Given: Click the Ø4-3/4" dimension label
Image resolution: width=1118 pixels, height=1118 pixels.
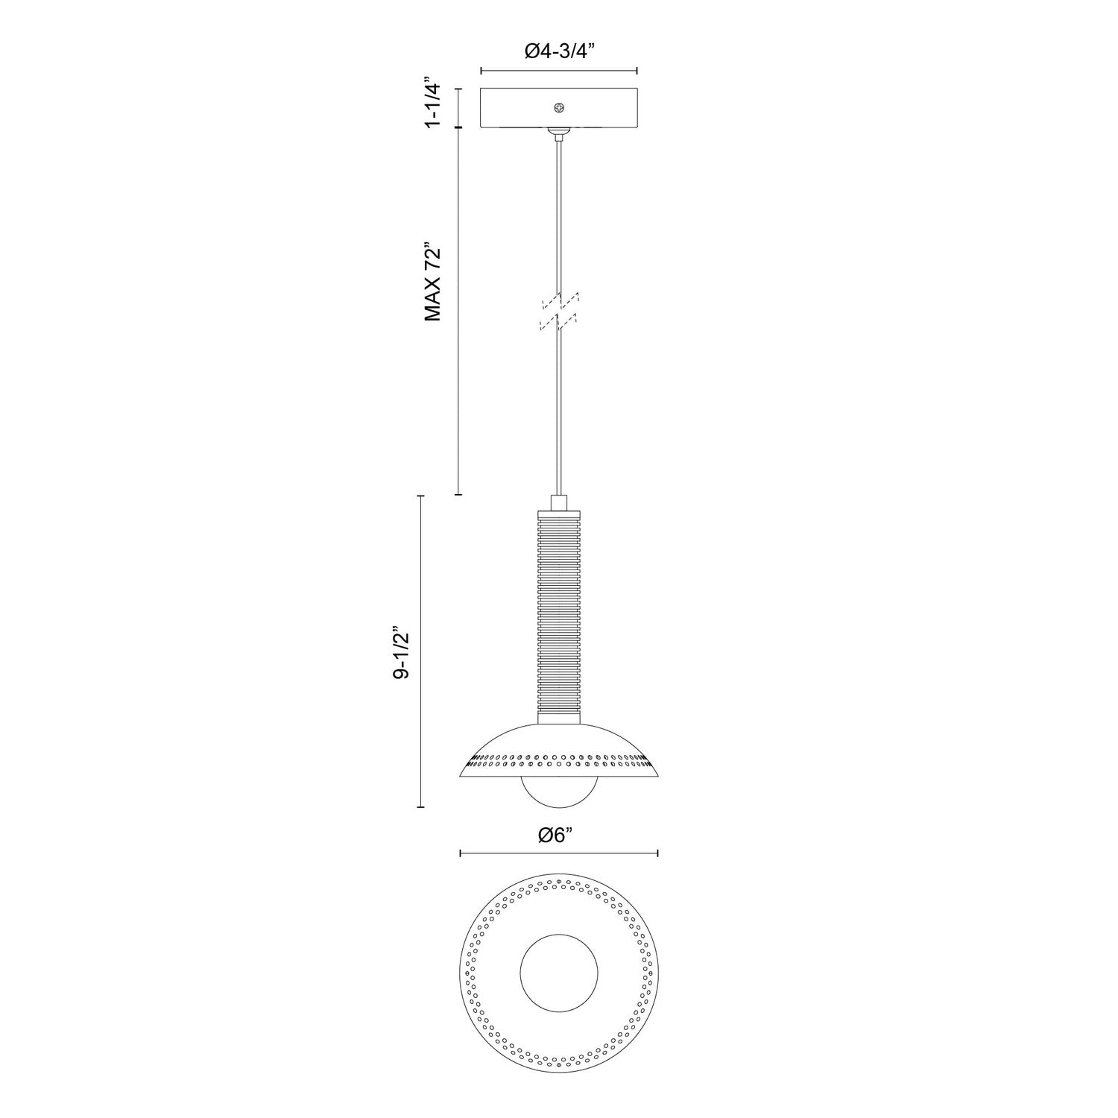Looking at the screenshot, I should (559, 51).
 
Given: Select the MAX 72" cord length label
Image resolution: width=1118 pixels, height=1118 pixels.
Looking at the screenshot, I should (434, 281).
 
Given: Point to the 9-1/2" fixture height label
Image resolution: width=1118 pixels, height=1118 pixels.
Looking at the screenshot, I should (402, 651).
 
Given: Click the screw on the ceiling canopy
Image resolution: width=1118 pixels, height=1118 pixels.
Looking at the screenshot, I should (559, 108).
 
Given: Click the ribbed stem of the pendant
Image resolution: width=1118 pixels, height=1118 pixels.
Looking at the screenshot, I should (559, 611).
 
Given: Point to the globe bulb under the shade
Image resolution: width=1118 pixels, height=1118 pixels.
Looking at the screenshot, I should (559, 794).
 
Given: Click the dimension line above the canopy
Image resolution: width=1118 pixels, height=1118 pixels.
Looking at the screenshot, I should (559, 71).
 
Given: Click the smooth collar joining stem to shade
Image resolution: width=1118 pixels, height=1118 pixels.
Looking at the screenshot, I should (559, 716).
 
